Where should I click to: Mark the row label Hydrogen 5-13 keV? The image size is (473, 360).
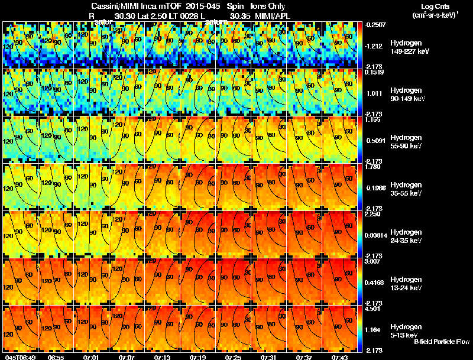(x=407, y=330)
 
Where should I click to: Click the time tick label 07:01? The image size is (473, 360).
(x=91, y=356)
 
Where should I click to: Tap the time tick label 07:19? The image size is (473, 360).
(x=197, y=356)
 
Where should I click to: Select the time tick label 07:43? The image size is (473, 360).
(x=339, y=356)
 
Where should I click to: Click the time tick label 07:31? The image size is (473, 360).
(x=268, y=356)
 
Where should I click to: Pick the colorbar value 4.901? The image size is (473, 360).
(x=374, y=309)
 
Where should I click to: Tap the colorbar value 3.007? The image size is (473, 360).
(x=374, y=261)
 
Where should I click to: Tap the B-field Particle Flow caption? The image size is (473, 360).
(x=442, y=342)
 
